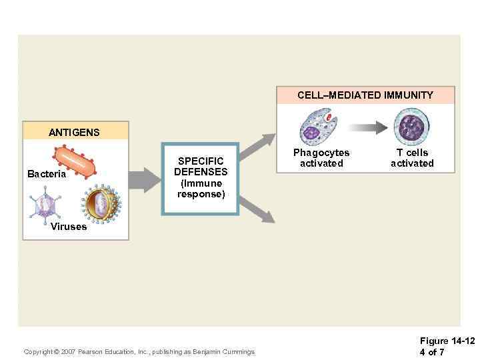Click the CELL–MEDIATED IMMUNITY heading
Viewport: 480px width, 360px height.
pos(365,95)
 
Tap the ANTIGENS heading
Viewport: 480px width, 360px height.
pos(74,132)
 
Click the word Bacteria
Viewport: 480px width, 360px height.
pos(47,174)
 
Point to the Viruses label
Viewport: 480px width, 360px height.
pos(69,227)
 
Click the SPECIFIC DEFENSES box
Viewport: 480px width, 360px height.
pos(201,179)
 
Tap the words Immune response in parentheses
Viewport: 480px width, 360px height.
pos(201,189)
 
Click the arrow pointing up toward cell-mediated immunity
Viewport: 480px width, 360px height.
pos(257,146)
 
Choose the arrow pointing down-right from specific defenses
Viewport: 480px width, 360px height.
pos(257,210)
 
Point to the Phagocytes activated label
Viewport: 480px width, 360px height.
pos(321,158)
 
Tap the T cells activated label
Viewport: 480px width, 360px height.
pos(412,158)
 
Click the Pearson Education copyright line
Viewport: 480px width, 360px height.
pos(139,351)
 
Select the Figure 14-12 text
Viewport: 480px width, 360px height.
pos(447,341)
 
